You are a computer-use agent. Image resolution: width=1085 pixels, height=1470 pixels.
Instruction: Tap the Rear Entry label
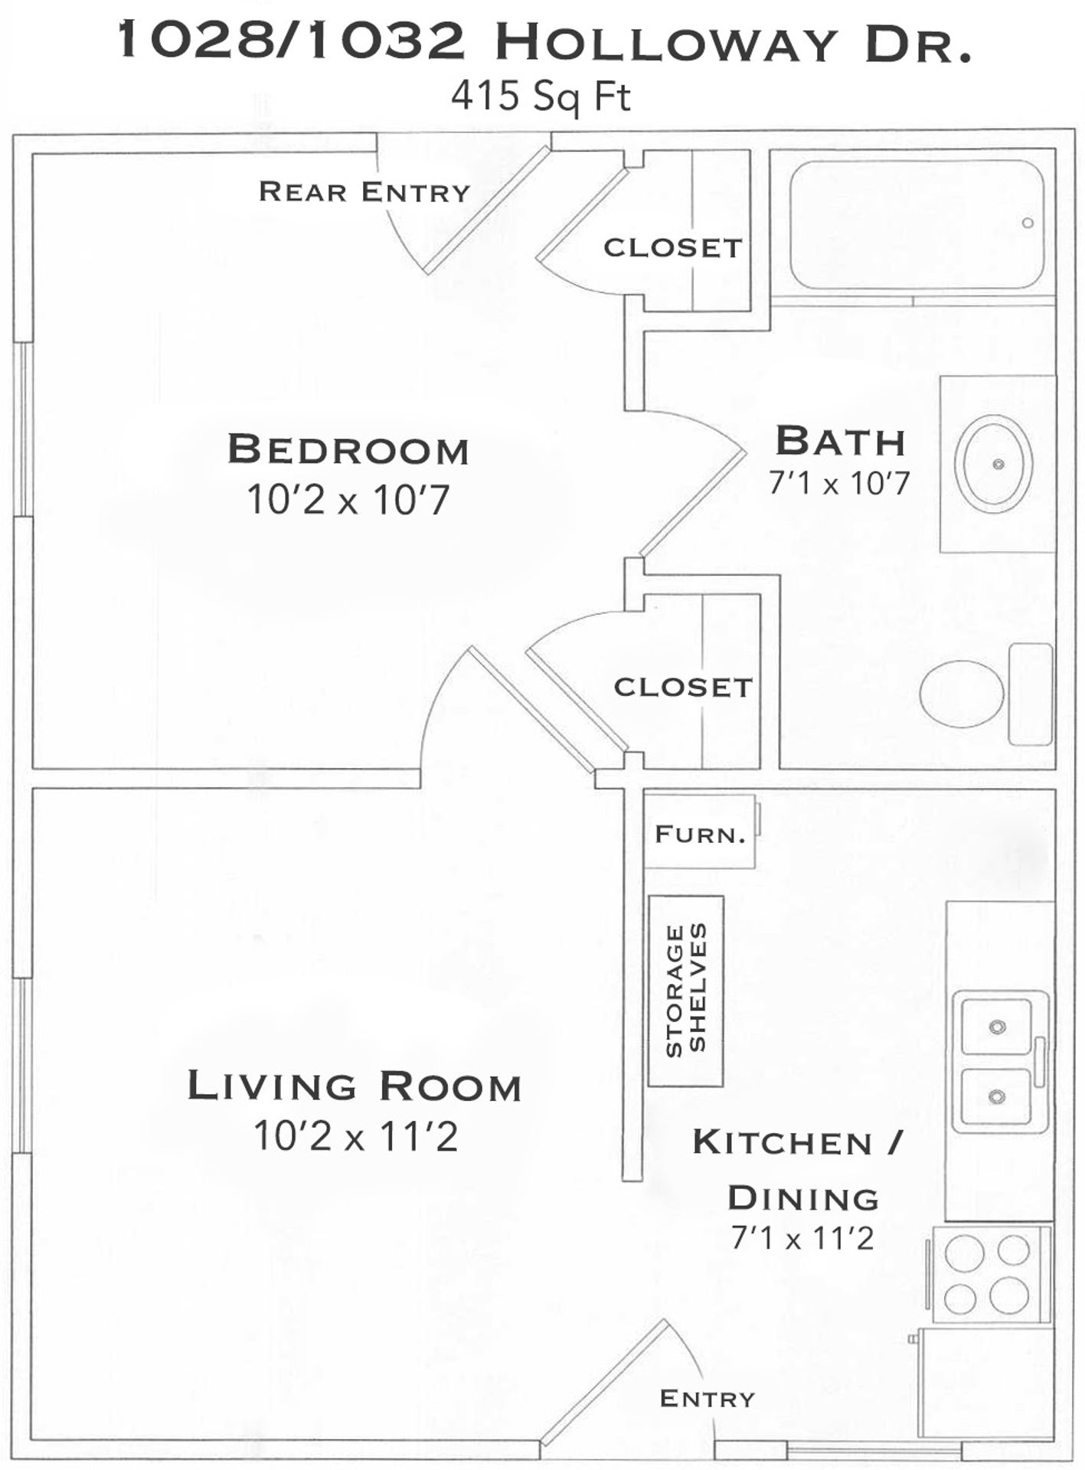tap(364, 191)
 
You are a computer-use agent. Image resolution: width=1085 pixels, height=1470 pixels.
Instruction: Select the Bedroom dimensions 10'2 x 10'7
tap(348, 501)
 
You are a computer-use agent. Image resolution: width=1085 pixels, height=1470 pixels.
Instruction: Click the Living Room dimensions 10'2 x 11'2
tap(355, 1135)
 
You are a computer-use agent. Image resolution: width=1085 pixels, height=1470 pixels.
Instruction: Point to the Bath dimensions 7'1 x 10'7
tap(839, 483)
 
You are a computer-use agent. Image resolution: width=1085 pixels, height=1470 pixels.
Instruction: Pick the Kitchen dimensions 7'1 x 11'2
tap(802, 1238)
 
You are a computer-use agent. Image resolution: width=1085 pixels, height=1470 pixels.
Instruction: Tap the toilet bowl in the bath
tap(962, 694)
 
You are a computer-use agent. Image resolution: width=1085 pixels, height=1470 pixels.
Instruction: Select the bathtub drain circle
tap(1028, 223)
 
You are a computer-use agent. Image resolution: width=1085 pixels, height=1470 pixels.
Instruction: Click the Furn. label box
tap(700, 833)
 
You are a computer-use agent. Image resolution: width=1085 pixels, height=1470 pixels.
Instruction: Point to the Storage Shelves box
tap(686, 991)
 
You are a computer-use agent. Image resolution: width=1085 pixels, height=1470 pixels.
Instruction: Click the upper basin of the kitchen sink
tap(996, 1027)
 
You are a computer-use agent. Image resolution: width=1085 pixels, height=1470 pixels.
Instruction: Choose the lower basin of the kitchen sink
tap(996, 1096)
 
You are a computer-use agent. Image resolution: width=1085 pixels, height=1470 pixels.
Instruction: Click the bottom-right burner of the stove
tap(1009, 1295)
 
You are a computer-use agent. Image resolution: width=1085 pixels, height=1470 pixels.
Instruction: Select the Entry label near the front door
tap(707, 1399)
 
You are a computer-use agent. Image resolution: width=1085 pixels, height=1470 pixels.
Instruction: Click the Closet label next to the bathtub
tap(673, 247)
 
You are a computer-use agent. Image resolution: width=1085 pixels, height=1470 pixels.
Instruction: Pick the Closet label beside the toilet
tap(683, 687)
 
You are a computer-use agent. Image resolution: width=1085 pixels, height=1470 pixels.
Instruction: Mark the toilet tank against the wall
tap(1031, 694)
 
